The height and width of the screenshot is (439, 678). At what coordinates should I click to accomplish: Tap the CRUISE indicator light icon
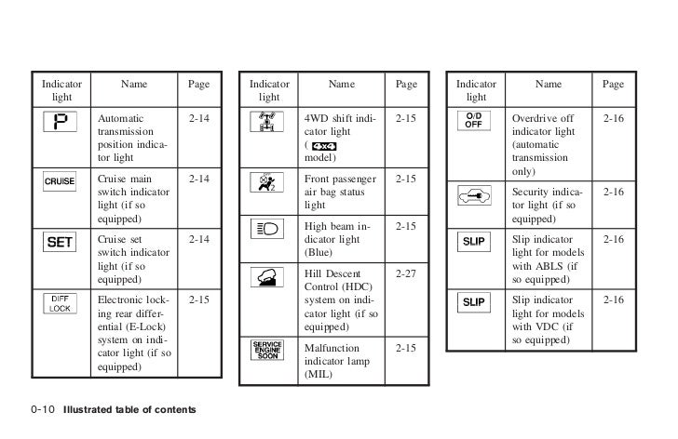[x=61, y=181]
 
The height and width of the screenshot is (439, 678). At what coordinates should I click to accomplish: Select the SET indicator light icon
[x=61, y=243]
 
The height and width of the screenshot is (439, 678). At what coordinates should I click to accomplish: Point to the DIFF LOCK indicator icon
[x=61, y=303]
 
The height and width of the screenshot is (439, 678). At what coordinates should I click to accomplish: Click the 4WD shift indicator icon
[x=269, y=125]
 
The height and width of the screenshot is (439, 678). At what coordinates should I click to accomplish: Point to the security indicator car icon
[x=476, y=197]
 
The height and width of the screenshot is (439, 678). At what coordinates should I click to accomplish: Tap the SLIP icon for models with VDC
[x=476, y=303]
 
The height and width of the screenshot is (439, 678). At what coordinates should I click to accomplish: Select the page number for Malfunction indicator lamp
[x=406, y=348]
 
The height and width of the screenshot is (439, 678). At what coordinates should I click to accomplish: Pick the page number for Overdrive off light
[x=613, y=120]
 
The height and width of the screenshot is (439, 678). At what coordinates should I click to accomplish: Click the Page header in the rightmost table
[x=613, y=85]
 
